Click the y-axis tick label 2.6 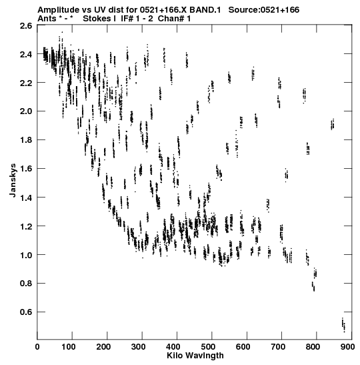coord(26,25)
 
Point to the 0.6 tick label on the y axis coord(26,312)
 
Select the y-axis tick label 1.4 coord(26,198)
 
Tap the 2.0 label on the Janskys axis coord(26,111)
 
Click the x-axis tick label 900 coord(347,347)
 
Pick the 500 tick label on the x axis coord(208,347)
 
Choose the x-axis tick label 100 coord(69,347)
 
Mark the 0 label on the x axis coord(37,347)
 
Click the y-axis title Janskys coord(13,180)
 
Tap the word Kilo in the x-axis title coord(174,356)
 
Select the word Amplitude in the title coord(58,10)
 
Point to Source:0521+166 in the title coord(264,10)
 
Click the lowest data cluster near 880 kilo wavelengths coord(343,325)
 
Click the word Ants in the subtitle coord(47,19)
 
